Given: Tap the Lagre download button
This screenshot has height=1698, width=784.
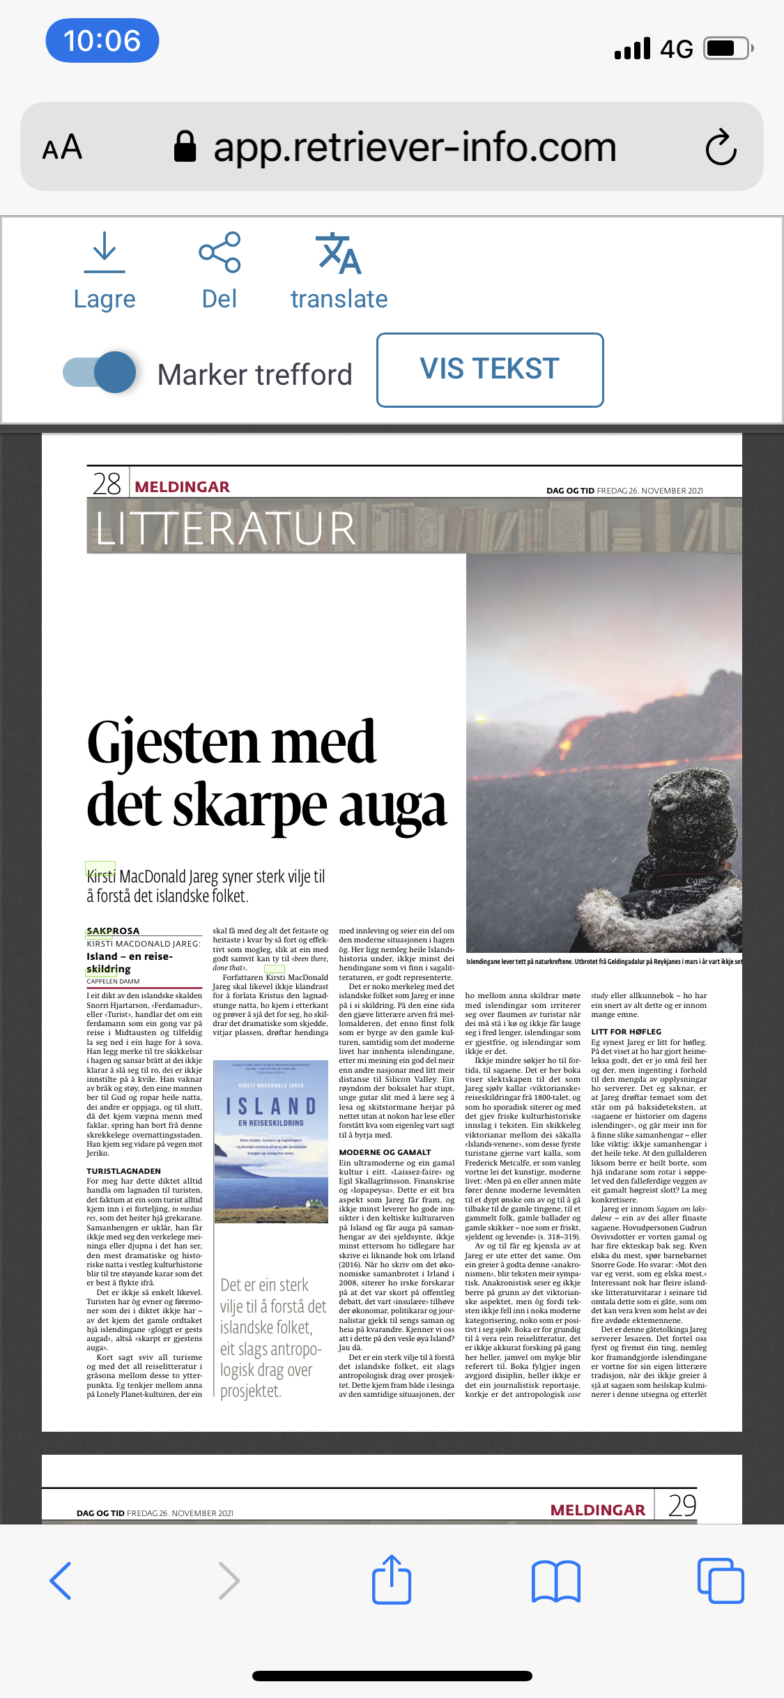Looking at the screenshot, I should click(x=105, y=272).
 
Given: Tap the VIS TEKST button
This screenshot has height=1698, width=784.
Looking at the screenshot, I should click(x=490, y=369).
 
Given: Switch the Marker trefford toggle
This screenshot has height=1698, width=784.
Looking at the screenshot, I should click(x=100, y=372).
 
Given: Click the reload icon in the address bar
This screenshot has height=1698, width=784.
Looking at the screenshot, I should click(x=721, y=147).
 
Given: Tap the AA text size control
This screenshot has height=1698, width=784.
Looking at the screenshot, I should click(x=63, y=147).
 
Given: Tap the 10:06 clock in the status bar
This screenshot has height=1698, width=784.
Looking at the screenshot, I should click(x=102, y=40).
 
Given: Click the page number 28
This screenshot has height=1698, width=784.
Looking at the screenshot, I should click(x=107, y=484).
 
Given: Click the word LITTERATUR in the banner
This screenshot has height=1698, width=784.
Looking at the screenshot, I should click(x=226, y=528).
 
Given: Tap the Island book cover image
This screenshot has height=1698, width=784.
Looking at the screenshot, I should click(x=270, y=1142).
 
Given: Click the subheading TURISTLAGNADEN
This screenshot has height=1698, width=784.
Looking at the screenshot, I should click(x=123, y=1171).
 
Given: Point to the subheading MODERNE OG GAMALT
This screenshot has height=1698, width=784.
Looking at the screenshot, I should click(x=385, y=1152).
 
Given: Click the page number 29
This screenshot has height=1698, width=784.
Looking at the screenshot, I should click(x=682, y=1506).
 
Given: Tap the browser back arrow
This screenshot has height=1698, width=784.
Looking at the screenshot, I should click(x=61, y=1580).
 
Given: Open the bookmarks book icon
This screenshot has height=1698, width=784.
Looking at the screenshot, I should click(x=555, y=1580).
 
